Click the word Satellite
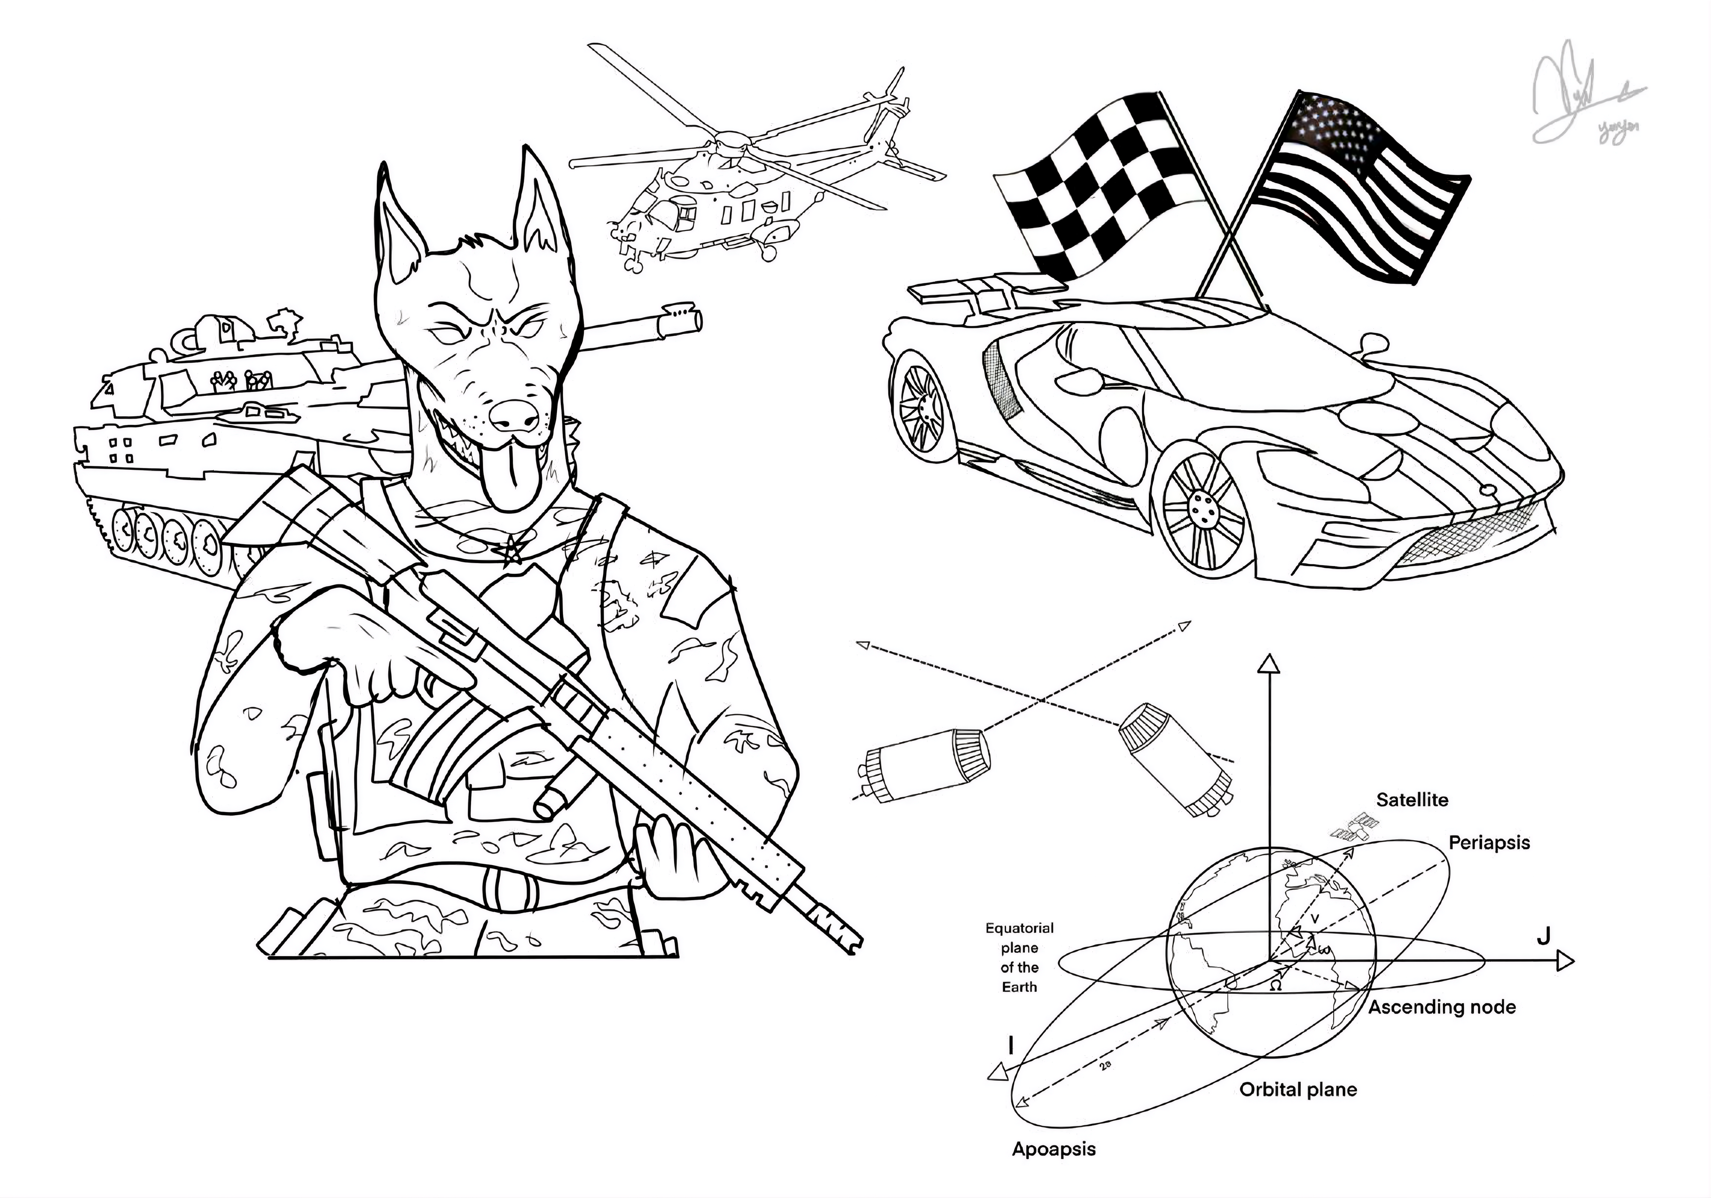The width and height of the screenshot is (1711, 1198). point(1412,800)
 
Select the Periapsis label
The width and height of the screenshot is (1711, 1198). point(1489,843)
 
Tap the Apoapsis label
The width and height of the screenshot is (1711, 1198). point(1054,1149)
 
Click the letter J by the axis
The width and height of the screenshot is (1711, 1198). point(1543,936)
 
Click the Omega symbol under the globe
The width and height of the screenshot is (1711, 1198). point(1275,985)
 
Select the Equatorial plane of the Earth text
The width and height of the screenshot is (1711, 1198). point(1019,958)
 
